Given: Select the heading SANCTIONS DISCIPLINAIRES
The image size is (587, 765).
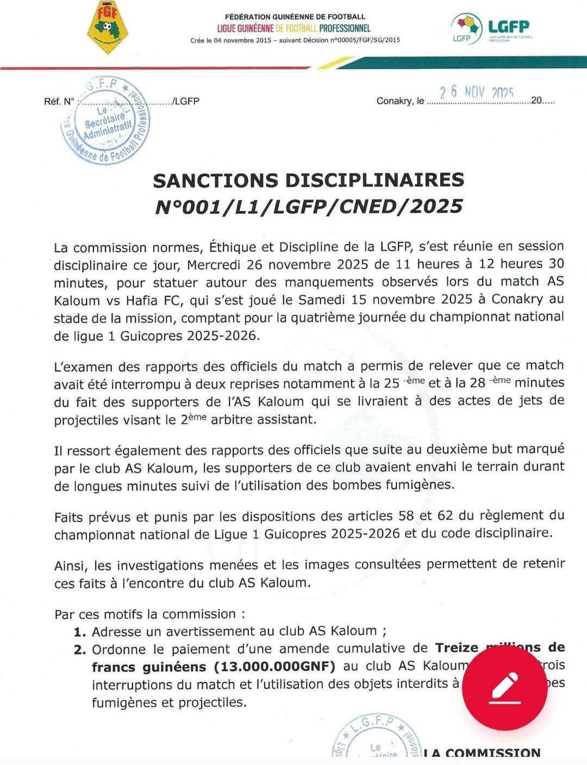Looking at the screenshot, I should (x=309, y=180).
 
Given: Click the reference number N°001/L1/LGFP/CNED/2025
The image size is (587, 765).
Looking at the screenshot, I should (x=309, y=207).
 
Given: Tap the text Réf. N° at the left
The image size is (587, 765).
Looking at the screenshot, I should (x=59, y=102).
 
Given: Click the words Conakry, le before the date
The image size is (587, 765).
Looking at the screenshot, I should (x=400, y=101).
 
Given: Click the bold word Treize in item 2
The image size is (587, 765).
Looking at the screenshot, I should (x=457, y=648).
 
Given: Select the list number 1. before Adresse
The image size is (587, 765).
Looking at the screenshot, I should (x=80, y=632).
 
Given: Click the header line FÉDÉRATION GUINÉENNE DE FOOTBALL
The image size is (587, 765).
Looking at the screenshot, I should (x=295, y=17).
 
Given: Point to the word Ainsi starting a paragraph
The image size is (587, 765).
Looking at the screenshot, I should (x=69, y=565).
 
